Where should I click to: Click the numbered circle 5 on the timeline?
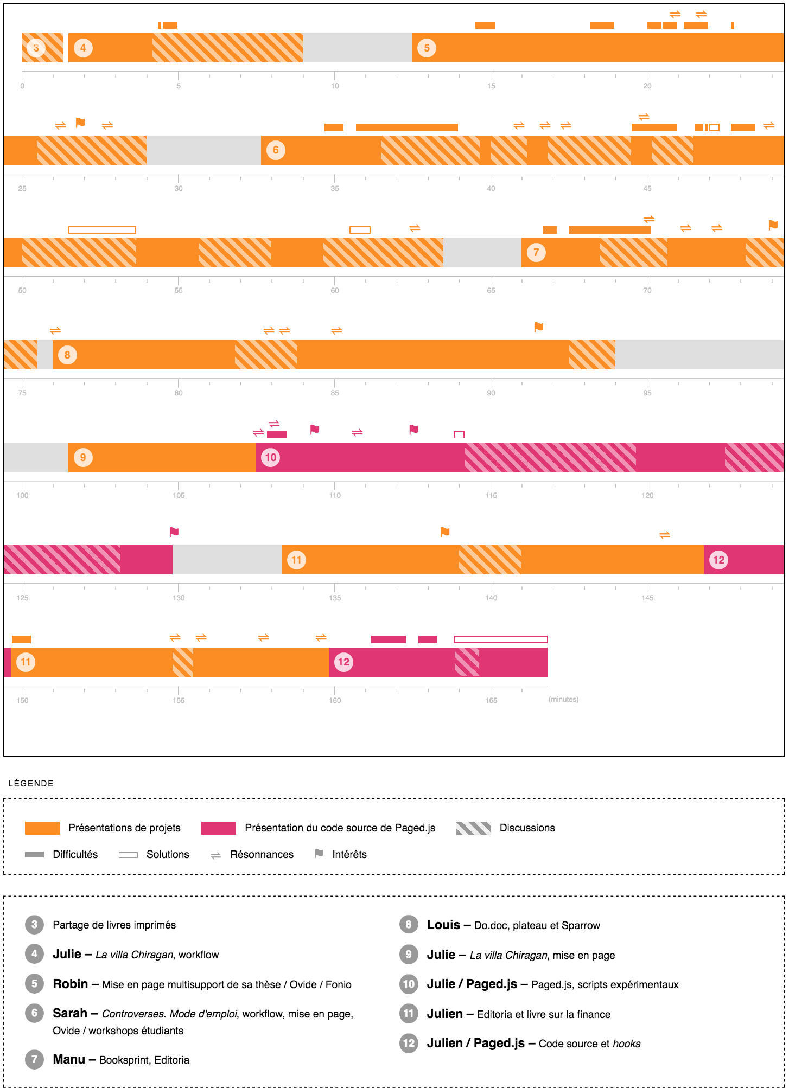[427, 48]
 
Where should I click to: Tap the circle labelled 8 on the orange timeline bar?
[67, 355]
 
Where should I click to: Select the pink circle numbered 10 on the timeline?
[270, 457]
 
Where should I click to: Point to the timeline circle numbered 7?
[536, 252]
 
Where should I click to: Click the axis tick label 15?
[491, 86]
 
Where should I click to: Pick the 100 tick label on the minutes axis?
[22, 495]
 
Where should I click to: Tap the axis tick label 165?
[491, 700]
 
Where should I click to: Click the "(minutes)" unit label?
[563, 700]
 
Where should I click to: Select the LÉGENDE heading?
[31, 783]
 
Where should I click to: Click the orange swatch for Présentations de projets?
[42, 828]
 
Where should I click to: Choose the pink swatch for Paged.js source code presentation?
[218, 828]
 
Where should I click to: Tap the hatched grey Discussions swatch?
[473, 828]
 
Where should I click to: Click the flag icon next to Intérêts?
[319, 854]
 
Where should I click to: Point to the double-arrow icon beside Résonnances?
[215, 855]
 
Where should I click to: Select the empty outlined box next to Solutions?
[128, 855]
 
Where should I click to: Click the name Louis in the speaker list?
[443, 925]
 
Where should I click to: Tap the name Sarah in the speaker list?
[70, 1013]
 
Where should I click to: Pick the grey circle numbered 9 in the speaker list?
[409, 955]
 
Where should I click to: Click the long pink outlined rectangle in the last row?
[500, 639]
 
